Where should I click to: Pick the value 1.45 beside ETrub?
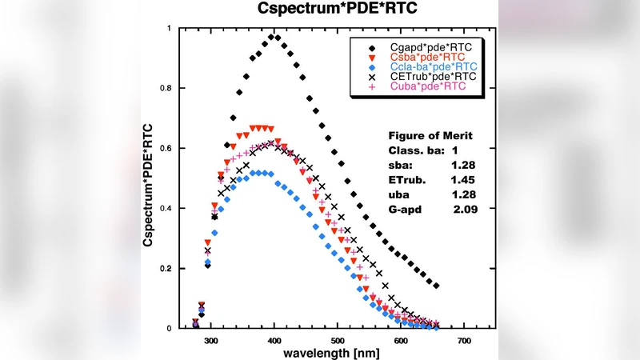465,178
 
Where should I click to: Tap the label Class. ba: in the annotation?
413,150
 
